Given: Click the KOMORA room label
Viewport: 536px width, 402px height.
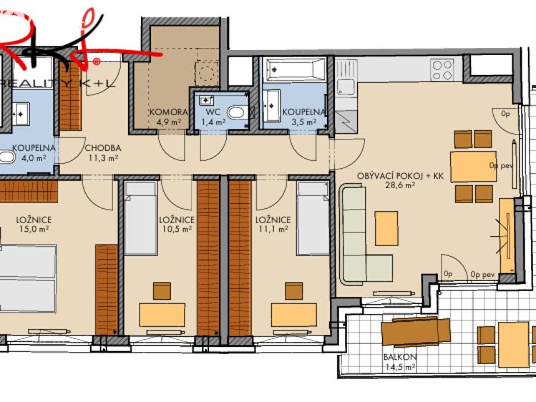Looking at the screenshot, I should point(168,112).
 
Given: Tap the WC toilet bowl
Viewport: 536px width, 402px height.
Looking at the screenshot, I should point(235,112).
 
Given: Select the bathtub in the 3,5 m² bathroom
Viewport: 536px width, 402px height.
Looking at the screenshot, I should point(295,70).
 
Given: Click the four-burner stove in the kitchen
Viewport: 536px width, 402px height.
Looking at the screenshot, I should point(442,69).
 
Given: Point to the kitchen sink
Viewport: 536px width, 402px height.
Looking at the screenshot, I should point(345,87).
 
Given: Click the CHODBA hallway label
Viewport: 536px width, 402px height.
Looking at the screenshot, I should point(102,148).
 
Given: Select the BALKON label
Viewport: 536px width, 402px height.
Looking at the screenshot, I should point(399,357).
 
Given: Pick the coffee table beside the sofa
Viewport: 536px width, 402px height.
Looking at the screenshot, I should point(386,228).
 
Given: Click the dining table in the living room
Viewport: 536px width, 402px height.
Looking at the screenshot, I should point(473,166).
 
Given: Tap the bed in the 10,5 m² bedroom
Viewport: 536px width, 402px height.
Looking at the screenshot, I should point(140,218).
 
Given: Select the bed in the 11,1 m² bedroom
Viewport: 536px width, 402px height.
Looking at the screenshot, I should point(313,218).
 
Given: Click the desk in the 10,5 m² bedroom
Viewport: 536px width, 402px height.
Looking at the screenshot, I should point(162,315).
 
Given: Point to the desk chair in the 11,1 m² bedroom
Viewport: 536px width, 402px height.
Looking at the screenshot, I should point(293,290).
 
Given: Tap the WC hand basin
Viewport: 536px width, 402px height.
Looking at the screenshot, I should point(208,101).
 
